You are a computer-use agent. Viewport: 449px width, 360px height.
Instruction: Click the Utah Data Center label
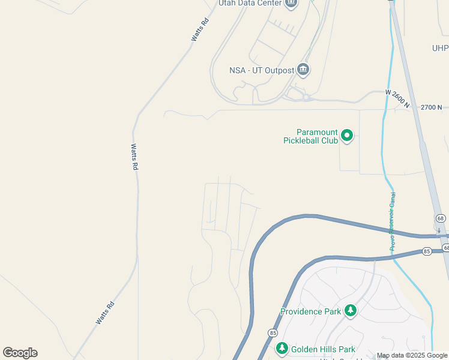(250, 3)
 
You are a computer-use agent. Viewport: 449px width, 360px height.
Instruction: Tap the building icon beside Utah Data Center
(291, 3)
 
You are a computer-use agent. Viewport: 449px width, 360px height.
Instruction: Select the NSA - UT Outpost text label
(262, 70)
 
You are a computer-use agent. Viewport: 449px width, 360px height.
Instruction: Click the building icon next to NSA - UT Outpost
(303, 70)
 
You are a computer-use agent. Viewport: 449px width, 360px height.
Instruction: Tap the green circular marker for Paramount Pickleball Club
(347, 136)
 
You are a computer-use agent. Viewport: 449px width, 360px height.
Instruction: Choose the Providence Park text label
(310, 311)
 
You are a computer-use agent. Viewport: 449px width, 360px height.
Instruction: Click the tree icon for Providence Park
(351, 311)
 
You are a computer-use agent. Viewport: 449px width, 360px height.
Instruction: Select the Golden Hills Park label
(324, 349)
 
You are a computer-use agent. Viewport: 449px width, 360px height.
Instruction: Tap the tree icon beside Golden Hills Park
(282, 349)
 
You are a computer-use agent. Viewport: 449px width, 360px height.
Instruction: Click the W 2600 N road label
(397, 98)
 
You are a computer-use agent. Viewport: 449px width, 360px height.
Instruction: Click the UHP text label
(440, 48)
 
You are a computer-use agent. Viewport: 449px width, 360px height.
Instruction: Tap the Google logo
(20, 353)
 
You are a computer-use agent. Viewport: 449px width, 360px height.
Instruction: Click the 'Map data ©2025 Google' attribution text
(412, 355)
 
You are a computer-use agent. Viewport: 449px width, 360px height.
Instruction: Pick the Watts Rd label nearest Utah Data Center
(200, 29)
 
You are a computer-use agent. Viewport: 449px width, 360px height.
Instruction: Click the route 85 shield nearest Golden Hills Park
(273, 332)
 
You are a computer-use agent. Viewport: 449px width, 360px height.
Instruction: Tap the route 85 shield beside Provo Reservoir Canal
(427, 250)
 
